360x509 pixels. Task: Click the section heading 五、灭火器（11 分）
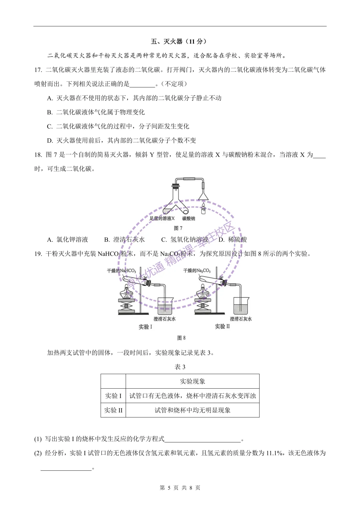(179, 41)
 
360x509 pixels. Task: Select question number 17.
(38, 70)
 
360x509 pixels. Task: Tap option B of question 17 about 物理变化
(96, 112)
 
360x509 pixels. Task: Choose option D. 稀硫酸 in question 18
(233, 240)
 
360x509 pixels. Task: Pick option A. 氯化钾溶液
(68, 240)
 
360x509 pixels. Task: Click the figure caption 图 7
(178, 228)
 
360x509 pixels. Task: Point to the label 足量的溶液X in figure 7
(162, 219)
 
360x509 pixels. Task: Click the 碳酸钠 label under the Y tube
(189, 219)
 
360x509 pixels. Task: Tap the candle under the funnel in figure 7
(203, 209)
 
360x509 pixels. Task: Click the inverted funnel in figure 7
(203, 194)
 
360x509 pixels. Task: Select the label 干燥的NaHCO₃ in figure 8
(121, 271)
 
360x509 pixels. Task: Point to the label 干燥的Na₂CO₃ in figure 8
(197, 271)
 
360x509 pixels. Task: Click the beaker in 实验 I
(165, 305)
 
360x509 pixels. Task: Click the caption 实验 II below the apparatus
(222, 326)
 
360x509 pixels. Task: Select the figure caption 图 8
(181, 338)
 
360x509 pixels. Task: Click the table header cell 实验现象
(192, 381)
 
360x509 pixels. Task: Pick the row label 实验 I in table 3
(113, 396)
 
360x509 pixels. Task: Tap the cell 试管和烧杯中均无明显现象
(192, 410)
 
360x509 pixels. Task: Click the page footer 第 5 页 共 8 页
(180, 488)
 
